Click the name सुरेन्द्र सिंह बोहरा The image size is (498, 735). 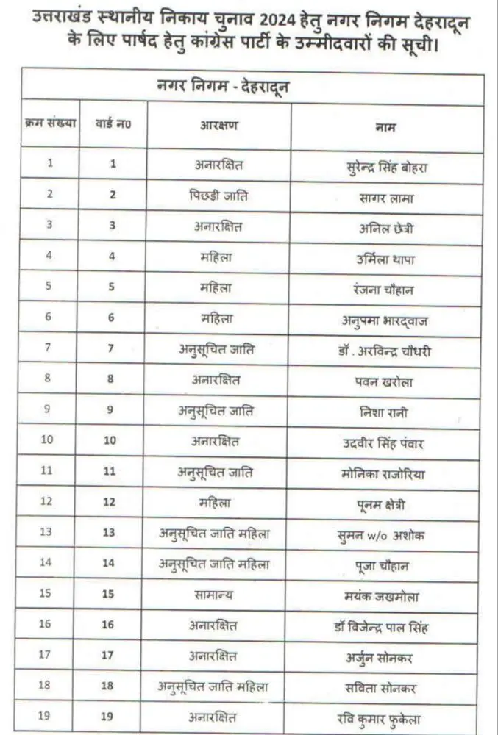point(386,166)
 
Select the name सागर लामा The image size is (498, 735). point(386,197)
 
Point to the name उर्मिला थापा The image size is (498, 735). point(386,259)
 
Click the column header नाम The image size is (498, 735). point(386,126)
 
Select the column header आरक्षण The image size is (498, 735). point(218,125)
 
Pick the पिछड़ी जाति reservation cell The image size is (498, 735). point(218,196)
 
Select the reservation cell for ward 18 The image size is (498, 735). point(218,688)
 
